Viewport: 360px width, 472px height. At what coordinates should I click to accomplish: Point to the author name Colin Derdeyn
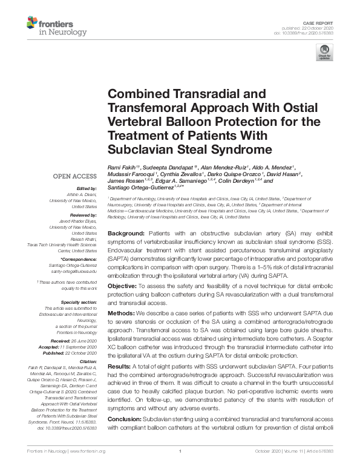point(244,181)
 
